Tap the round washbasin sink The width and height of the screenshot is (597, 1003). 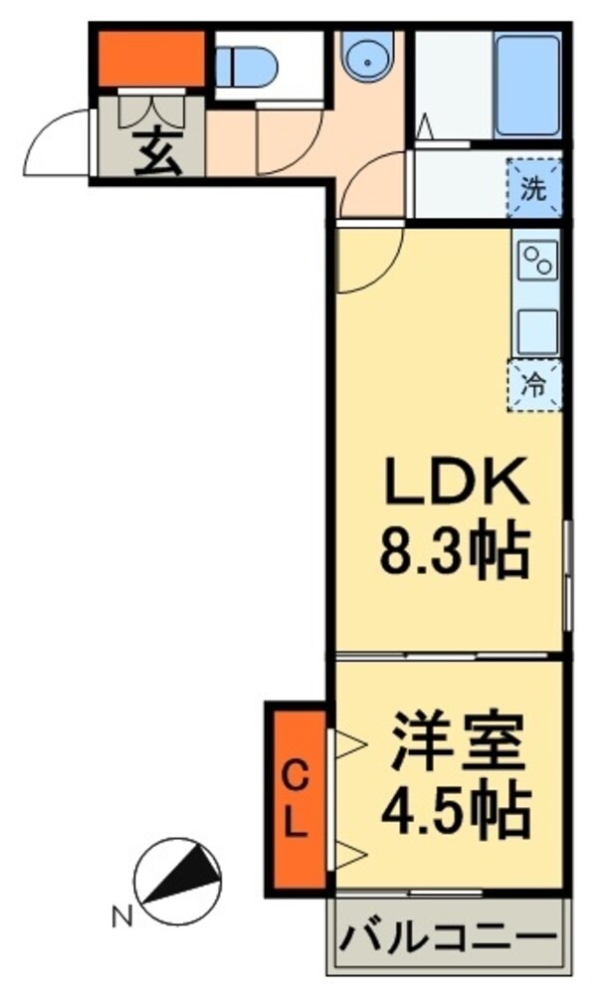coord(368,60)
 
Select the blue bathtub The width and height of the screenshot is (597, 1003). coord(527,87)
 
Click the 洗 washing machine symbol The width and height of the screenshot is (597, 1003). coord(535,189)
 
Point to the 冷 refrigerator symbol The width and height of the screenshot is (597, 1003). coord(535,385)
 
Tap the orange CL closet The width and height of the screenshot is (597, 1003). coord(296,797)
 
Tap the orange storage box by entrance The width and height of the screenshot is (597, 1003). coord(150,60)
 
